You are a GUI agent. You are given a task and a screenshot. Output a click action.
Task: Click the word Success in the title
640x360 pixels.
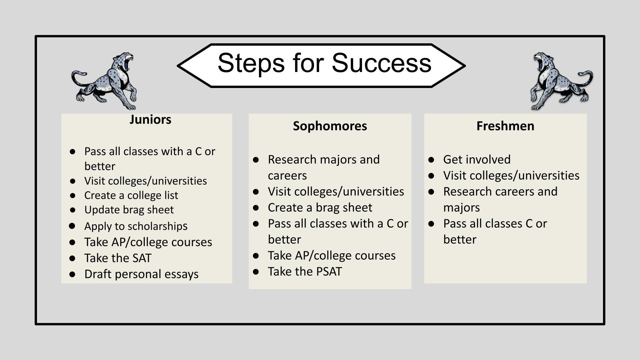(381, 63)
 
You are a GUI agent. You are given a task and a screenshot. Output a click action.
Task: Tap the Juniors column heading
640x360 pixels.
(150, 120)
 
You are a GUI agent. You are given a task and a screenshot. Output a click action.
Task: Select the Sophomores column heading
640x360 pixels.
(330, 126)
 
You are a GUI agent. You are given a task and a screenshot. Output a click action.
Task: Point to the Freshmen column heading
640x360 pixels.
(505, 126)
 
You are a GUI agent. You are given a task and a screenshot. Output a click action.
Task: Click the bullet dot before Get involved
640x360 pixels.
(431, 160)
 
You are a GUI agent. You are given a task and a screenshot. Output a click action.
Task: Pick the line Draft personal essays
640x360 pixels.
(141, 274)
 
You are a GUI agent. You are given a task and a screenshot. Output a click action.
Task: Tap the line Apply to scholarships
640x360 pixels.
(136, 226)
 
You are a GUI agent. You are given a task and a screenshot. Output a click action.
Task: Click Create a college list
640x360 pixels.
(131, 195)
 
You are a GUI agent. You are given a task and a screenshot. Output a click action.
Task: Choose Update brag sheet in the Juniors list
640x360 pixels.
(129, 210)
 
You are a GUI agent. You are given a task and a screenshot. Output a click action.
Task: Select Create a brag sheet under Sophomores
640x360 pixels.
(320, 208)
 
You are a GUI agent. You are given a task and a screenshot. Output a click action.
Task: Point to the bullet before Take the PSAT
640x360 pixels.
(256, 272)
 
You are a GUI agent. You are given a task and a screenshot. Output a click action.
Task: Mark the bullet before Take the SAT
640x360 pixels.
(72, 258)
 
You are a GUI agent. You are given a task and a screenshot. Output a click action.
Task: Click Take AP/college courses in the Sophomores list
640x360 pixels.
(332, 256)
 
